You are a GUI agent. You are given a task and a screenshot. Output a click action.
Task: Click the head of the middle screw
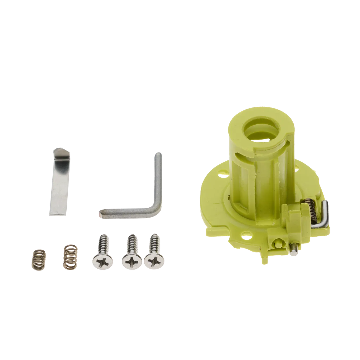131,261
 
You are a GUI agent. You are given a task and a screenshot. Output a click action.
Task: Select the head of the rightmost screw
154,261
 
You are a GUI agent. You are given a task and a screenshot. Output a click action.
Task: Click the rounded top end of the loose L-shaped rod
158,154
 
